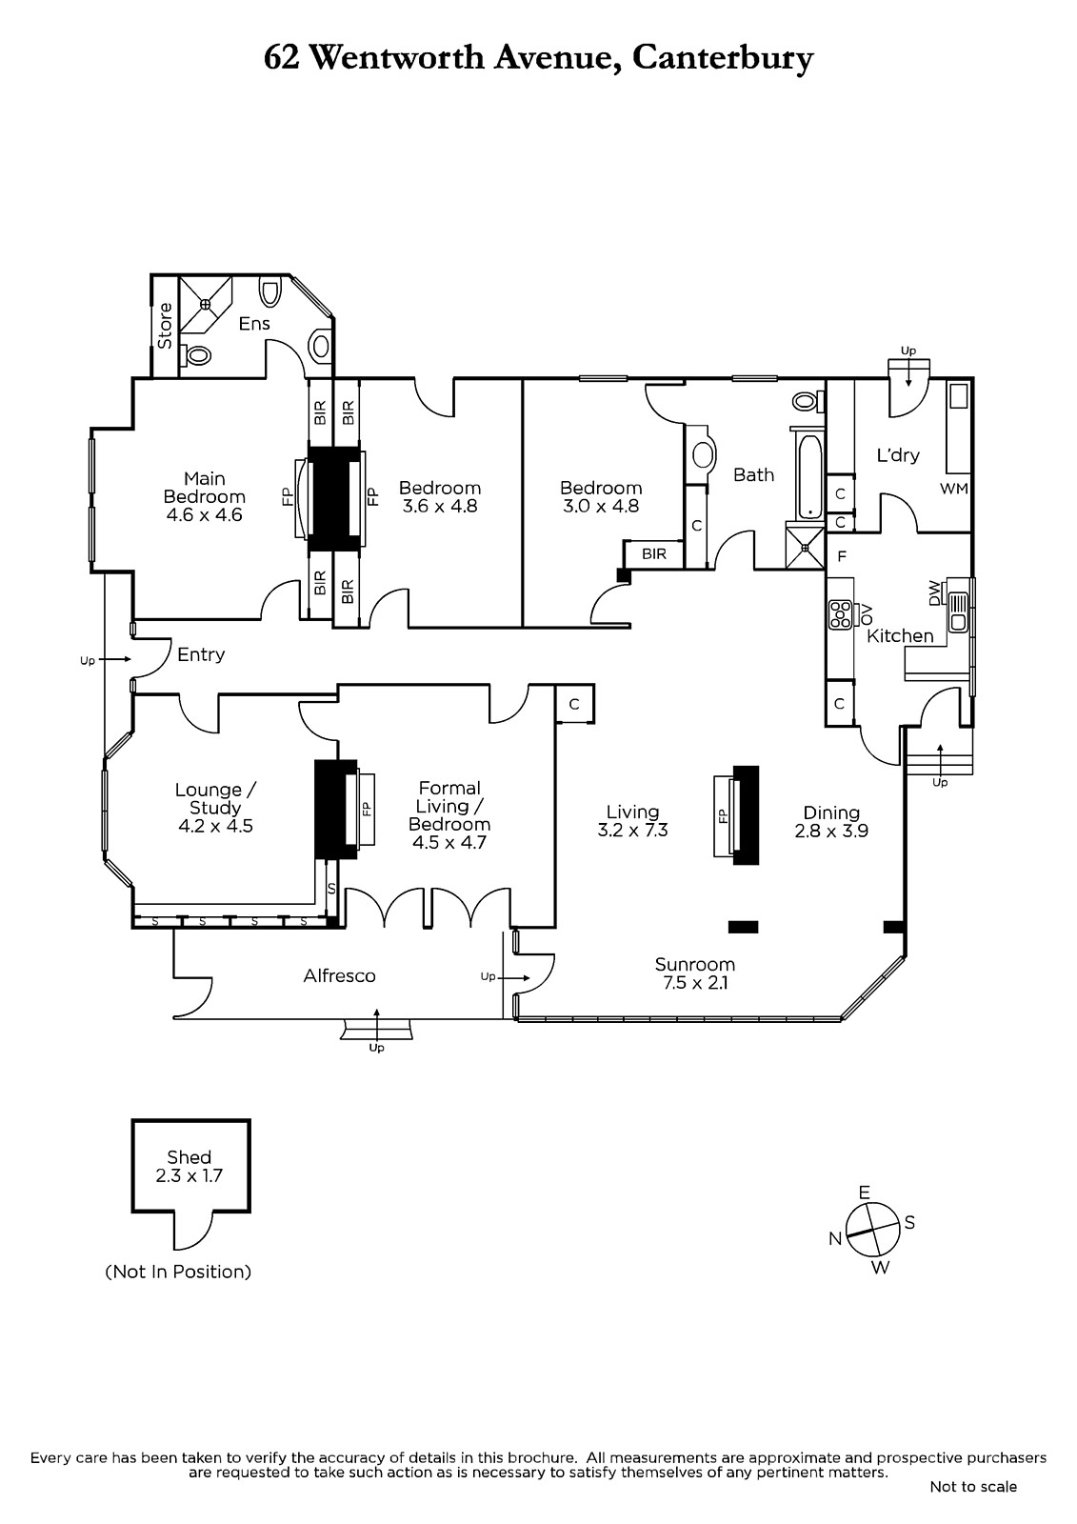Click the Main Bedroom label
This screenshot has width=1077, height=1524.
coord(204,487)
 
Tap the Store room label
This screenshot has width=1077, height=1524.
coord(165,326)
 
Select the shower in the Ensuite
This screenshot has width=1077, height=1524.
coord(205,304)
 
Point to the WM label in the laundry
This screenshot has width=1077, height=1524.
coord(954,489)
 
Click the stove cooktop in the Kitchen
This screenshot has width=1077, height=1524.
coord(841,613)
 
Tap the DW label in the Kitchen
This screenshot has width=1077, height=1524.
coord(934,592)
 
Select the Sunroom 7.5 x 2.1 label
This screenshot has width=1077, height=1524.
coord(694,973)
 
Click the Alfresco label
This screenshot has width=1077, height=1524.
coord(340,975)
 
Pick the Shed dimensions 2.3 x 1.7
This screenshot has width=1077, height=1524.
coord(189,1175)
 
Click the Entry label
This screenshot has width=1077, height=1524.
coord(201,654)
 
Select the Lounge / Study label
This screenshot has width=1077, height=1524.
coord(215,799)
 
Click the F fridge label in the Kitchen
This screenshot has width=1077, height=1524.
coord(842,556)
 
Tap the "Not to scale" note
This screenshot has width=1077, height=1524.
coord(973,1487)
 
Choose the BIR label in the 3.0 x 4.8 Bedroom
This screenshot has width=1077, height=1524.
coord(654,553)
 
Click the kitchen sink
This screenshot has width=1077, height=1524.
coord(959,612)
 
